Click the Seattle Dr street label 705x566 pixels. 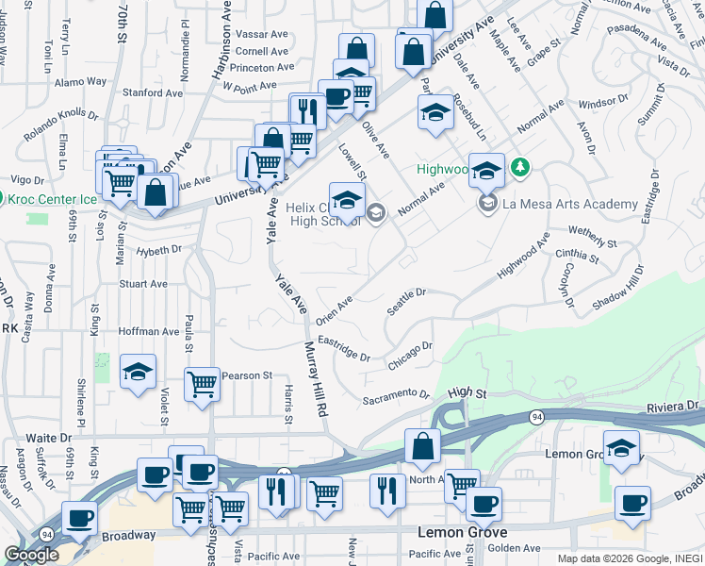(407, 303)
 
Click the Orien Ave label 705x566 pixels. (335, 308)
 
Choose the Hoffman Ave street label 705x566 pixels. (149, 332)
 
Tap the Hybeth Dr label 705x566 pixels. (157, 250)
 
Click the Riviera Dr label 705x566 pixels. (674, 407)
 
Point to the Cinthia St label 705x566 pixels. (578, 255)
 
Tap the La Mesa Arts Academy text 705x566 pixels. (570, 204)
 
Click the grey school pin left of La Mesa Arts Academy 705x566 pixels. (487, 204)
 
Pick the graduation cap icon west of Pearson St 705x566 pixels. (138, 371)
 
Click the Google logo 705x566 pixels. (31, 555)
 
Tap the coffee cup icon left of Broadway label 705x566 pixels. (79, 517)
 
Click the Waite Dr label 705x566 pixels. (48, 438)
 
